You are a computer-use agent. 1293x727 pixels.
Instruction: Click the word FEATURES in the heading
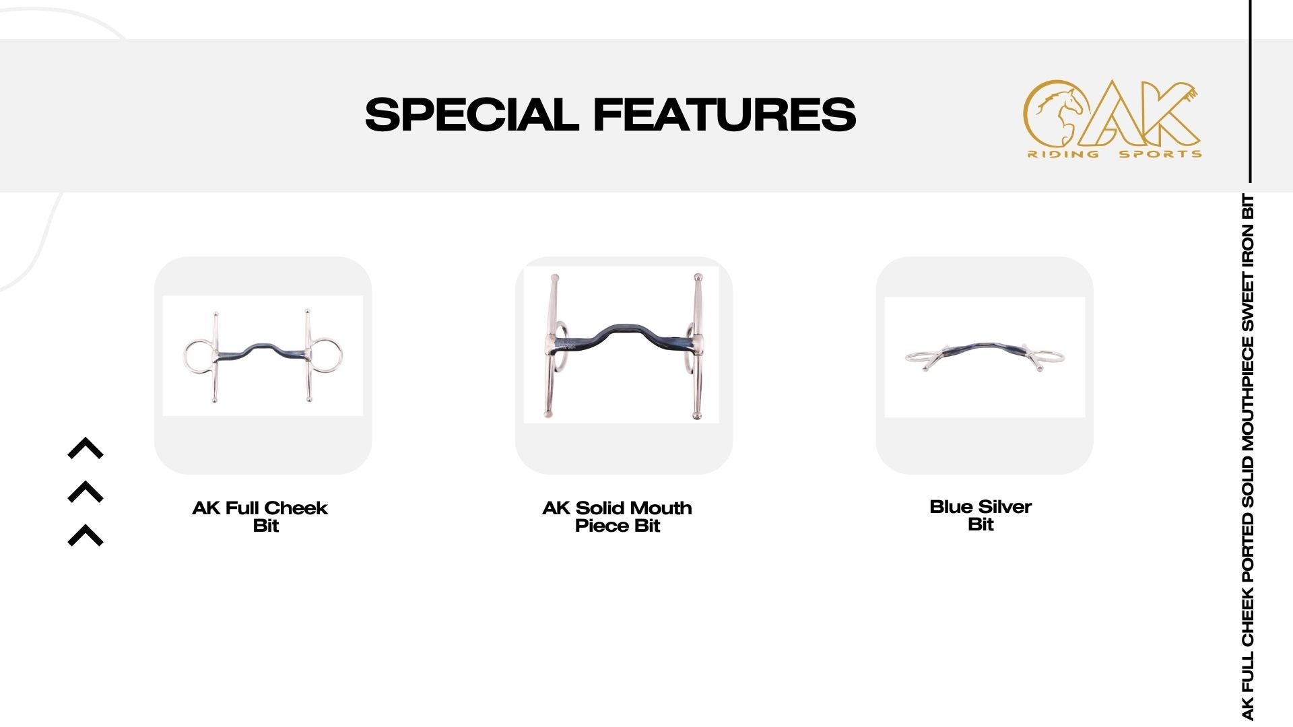tap(725, 114)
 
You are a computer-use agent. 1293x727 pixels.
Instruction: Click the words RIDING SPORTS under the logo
tap(1115, 154)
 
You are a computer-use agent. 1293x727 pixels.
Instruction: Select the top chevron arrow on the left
tap(86, 448)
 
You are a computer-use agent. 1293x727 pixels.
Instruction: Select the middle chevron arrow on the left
tap(86, 492)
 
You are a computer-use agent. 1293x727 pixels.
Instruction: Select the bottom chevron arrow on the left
tap(86, 535)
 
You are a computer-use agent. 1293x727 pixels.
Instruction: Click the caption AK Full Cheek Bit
tap(261, 516)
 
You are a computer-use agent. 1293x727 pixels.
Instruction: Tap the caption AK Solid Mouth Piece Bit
tap(618, 516)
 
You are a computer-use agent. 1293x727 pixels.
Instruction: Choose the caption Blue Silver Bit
tap(981, 516)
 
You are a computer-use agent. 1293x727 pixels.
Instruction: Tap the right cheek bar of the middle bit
tap(698, 347)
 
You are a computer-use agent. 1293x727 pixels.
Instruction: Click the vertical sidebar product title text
tap(1247, 457)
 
